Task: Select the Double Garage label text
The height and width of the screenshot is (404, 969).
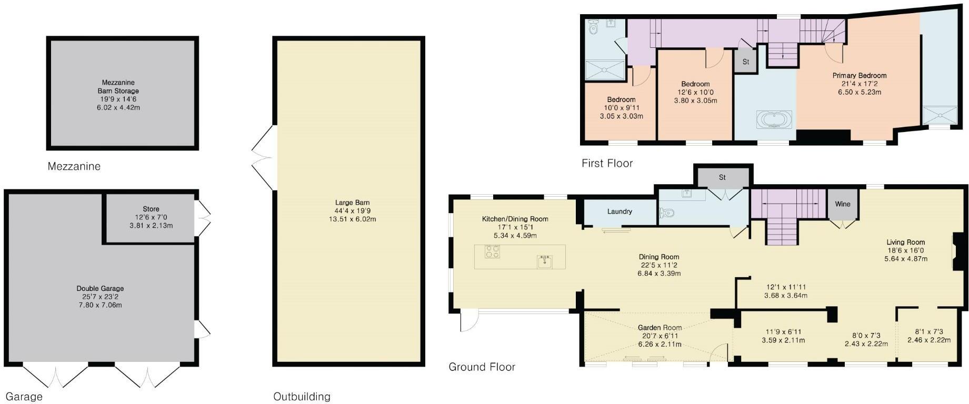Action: coord(100,288)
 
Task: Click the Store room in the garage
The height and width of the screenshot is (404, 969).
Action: coord(151,217)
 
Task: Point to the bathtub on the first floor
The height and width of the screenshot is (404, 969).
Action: coord(774,119)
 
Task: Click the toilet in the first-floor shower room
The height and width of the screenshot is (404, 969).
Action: coord(593,27)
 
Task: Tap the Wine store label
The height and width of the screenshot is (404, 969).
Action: coord(842,204)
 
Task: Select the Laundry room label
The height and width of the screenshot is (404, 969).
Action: coord(620,211)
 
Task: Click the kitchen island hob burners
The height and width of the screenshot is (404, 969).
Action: coord(492,252)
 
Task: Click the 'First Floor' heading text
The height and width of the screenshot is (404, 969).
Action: coord(607,163)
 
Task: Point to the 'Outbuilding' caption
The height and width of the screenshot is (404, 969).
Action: coord(302,397)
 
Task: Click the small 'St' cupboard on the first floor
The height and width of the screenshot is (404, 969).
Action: coord(745,62)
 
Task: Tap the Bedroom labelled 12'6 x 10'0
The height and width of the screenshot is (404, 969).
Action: coord(695,92)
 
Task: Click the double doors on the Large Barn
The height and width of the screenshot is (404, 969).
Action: coord(262,157)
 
